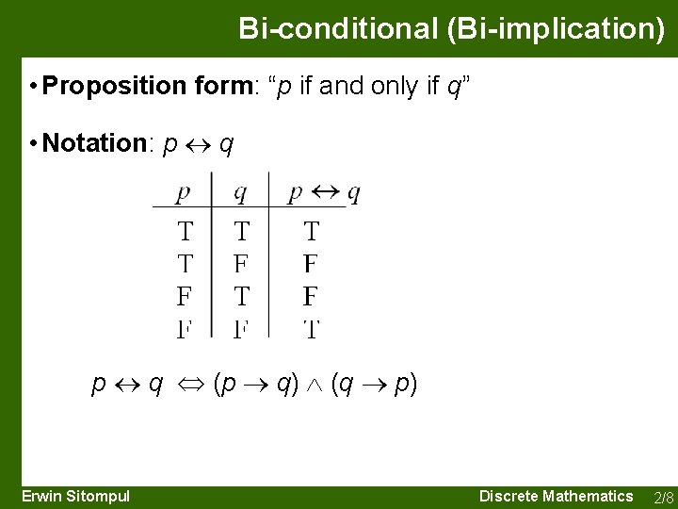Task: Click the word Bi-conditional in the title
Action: (x=333, y=28)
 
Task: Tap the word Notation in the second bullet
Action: (x=92, y=143)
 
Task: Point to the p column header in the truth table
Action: (x=184, y=193)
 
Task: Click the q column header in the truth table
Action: (x=241, y=193)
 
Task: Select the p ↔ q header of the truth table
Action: (x=323, y=193)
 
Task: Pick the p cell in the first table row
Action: (x=186, y=231)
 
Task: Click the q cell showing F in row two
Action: (x=241, y=264)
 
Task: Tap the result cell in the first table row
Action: (x=311, y=231)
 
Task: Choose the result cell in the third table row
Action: (x=311, y=297)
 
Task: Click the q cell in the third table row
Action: (x=241, y=297)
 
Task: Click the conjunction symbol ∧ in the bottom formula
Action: (x=315, y=385)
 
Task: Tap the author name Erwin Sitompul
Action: (x=75, y=496)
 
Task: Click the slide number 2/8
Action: (x=663, y=497)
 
